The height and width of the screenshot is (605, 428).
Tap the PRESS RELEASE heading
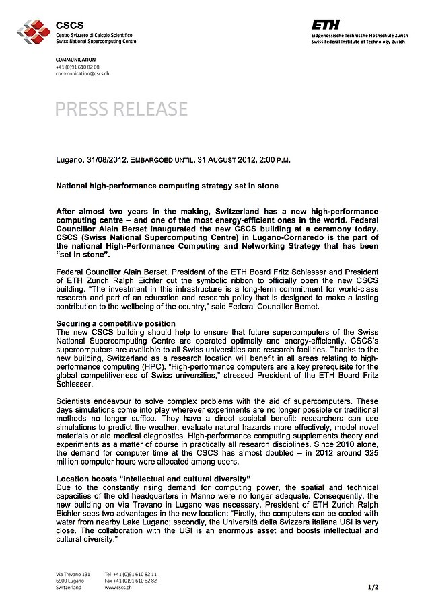(121, 108)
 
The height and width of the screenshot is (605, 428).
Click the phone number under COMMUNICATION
(77, 67)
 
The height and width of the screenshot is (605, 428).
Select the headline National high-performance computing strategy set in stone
(166, 185)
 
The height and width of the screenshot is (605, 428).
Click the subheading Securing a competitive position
(115, 324)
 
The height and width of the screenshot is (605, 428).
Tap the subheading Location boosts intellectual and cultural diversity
(153, 478)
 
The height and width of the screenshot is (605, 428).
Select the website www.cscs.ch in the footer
(118, 587)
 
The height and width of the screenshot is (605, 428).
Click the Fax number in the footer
(131, 580)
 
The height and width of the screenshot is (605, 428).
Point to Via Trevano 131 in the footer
(73, 573)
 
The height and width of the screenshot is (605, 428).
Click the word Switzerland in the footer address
(69, 587)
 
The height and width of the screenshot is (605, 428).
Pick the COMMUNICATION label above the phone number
(77, 60)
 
